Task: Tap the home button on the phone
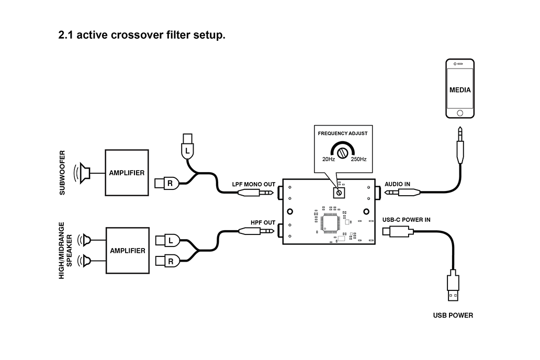(460, 113)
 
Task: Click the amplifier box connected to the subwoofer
(127, 173)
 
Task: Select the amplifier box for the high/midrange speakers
(127, 251)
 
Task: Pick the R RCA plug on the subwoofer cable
(168, 183)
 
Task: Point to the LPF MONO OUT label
(253, 185)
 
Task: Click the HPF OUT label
(263, 222)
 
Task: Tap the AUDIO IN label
(398, 184)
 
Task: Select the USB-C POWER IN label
(406, 220)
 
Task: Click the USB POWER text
(453, 316)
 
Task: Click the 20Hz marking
(328, 159)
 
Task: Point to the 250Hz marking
(358, 159)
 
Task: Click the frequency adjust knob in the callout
(343, 153)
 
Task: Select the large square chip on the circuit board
(332, 223)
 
